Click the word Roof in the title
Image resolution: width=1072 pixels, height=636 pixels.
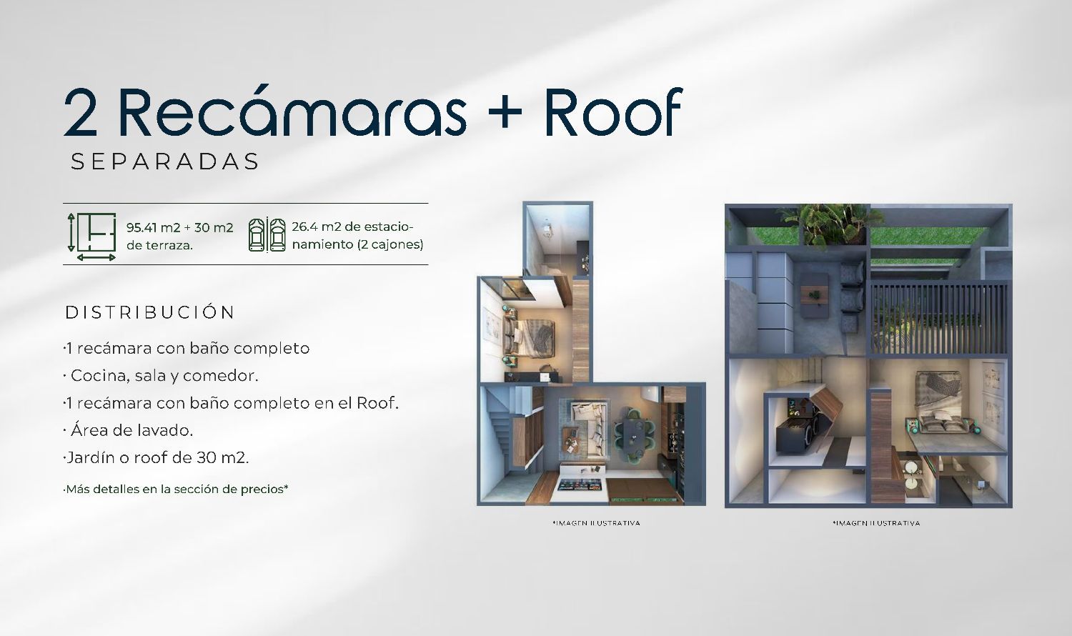point(613,112)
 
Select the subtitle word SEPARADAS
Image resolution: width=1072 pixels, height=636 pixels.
point(164,162)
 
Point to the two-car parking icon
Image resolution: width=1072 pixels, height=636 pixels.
point(267,234)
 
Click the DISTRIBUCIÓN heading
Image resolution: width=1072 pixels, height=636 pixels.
point(150,312)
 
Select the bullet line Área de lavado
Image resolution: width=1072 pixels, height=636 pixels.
point(128,431)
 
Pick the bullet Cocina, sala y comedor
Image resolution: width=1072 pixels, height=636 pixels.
point(161,376)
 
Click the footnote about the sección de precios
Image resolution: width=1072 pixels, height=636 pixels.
point(176,489)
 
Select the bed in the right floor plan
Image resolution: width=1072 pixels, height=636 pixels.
point(938,402)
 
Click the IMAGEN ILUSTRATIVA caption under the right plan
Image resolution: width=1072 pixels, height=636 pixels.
point(876,523)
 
